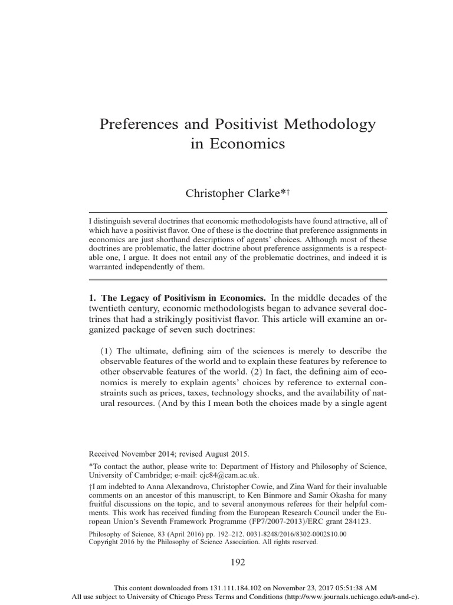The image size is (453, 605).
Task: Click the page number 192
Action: tap(238, 562)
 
